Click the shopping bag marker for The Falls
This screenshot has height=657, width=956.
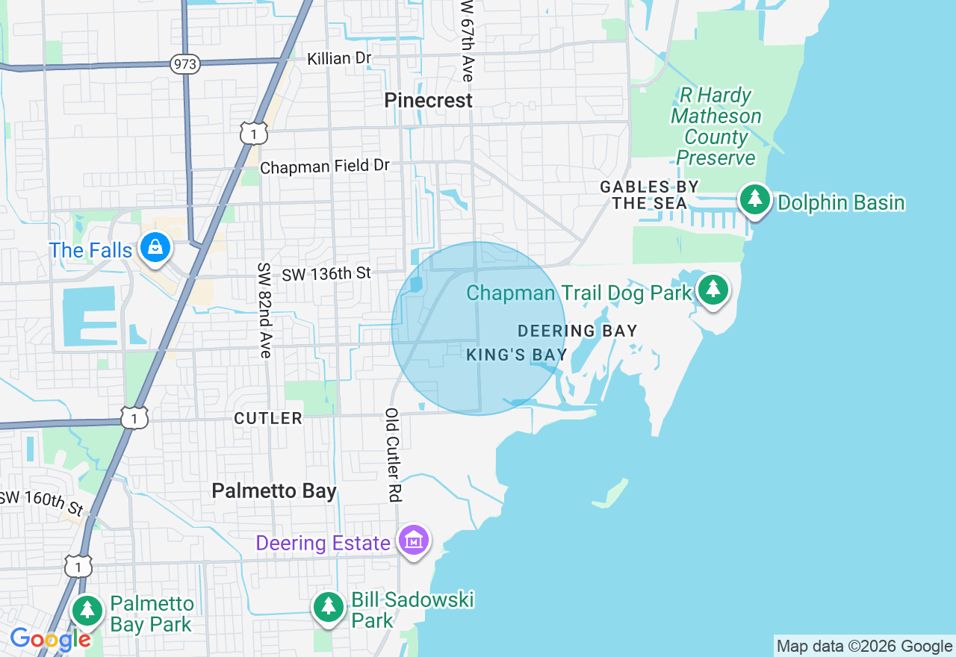[x=155, y=246]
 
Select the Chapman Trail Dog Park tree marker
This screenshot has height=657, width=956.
[x=713, y=290]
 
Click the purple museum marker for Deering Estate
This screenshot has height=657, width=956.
[x=413, y=540]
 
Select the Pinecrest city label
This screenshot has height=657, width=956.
[x=429, y=100]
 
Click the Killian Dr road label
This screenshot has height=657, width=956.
[x=340, y=57]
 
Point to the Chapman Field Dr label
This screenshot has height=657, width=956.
[x=325, y=166]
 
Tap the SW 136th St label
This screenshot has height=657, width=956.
[x=326, y=274]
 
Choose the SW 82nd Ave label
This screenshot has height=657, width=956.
[x=264, y=310]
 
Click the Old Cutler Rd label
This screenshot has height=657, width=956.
[x=393, y=454]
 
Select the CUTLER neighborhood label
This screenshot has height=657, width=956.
[x=268, y=418]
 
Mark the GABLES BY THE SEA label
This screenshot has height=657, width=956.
[x=650, y=194]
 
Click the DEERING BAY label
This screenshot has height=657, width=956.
[x=577, y=330]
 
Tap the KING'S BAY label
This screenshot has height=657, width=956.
[x=517, y=355]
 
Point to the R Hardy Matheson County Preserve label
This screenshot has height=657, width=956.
[x=716, y=127]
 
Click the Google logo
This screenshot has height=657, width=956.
[x=50, y=640]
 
